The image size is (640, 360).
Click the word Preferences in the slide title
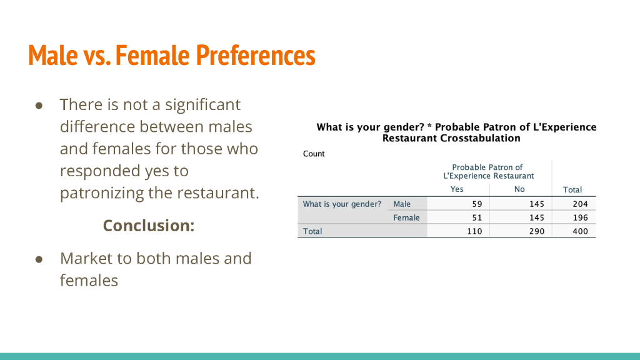click(x=256, y=55)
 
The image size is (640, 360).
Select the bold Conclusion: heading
click(x=149, y=225)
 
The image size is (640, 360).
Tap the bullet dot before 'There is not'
click(x=39, y=106)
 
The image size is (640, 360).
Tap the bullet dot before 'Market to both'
click(x=39, y=259)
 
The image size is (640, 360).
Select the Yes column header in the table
click(x=457, y=189)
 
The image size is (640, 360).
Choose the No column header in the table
click(x=519, y=189)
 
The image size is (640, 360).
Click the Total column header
click(x=572, y=189)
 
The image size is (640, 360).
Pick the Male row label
click(x=402, y=204)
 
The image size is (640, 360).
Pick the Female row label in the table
click(x=406, y=217)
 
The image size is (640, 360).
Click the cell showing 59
click(x=477, y=204)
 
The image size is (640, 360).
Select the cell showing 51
click(x=477, y=217)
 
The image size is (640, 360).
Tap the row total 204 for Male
click(x=581, y=204)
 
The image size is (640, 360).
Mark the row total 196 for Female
click(x=581, y=217)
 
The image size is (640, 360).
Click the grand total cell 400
click(x=581, y=231)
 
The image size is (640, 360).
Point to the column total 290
click(x=537, y=231)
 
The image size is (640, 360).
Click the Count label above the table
click(x=314, y=154)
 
